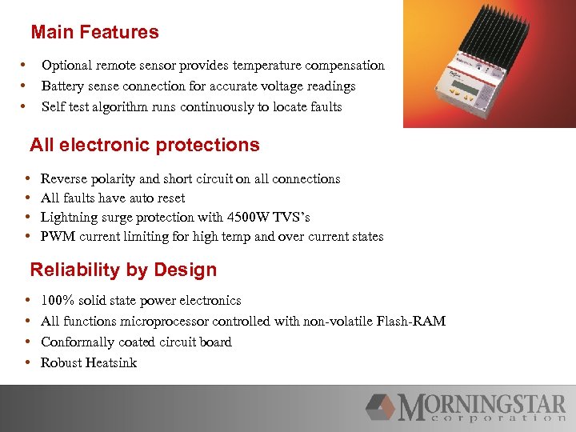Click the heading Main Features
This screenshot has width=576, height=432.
(94, 33)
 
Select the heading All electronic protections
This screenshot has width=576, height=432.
(144, 145)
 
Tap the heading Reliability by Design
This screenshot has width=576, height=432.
(123, 270)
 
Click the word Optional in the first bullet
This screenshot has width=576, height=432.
(66, 66)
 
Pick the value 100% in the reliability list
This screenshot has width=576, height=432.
(56, 301)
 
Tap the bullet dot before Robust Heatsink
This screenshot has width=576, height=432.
(28, 363)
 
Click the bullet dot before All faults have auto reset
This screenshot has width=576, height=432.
(28, 198)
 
